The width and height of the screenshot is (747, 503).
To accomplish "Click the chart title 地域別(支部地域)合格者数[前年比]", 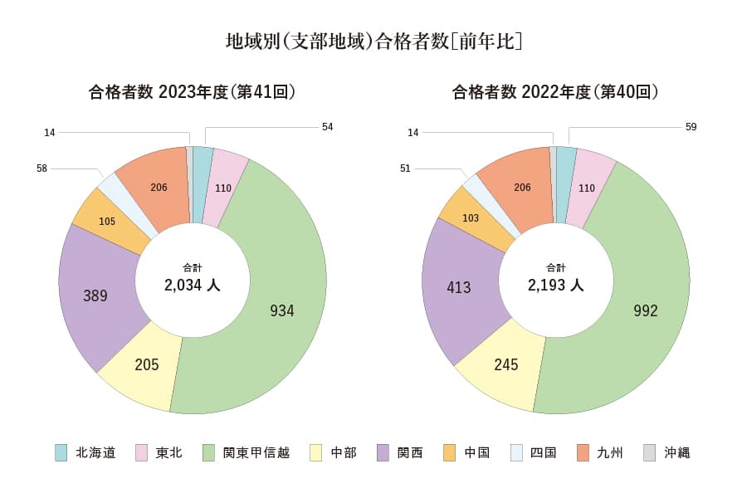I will click(x=373, y=41).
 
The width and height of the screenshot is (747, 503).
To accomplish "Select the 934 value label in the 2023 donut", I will click(x=282, y=311).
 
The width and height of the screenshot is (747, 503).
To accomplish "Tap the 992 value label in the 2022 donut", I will click(x=645, y=311).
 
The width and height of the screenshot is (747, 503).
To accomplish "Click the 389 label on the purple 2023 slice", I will click(x=95, y=295).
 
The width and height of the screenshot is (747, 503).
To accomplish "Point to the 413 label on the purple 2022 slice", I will click(x=459, y=288).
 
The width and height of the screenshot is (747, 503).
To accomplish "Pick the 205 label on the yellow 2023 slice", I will click(x=146, y=364).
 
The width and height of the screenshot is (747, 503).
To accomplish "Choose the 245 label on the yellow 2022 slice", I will click(x=505, y=364).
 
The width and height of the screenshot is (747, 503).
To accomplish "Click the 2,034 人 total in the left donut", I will click(x=192, y=286).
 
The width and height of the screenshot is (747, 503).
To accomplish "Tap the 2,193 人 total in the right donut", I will click(x=555, y=286).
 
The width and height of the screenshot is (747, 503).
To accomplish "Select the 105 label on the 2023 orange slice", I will click(x=107, y=222).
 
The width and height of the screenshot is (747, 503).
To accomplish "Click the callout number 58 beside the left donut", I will click(x=42, y=168).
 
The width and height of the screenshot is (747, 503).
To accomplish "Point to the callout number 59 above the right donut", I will click(x=691, y=127).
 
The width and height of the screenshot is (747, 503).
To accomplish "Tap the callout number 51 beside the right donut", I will click(x=405, y=168).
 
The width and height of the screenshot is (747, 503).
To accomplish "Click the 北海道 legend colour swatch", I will click(x=61, y=452).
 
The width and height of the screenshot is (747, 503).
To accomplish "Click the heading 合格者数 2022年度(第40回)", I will click(x=554, y=92).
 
